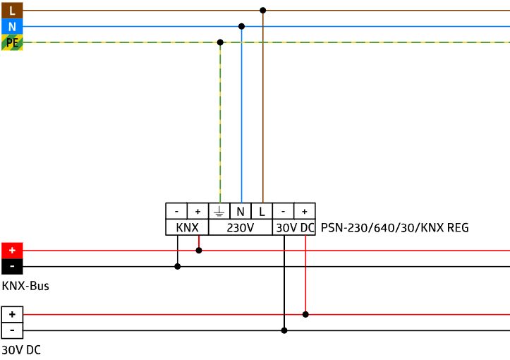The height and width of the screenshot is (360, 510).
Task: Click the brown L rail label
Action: [12, 11]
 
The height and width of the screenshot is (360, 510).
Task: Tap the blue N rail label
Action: [12, 26]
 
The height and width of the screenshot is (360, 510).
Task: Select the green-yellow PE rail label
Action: [12, 42]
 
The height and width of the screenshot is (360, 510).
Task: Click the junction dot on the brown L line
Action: [263, 11]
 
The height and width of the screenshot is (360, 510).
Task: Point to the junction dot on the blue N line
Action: [241, 26]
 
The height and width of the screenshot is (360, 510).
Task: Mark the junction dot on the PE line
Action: [220, 42]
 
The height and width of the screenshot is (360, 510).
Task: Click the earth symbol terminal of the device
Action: [219, 211]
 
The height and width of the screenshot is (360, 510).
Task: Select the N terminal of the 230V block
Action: [241, 211]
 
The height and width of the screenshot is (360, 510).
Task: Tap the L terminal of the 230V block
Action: [262, 211]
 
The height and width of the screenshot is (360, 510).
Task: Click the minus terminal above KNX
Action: [176, 211]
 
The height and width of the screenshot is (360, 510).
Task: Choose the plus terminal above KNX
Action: [198, 211]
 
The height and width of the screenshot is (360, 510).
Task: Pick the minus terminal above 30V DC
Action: [283, 211]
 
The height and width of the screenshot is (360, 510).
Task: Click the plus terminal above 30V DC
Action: [305, 211]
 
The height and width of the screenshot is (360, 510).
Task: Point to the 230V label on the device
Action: [240, 227]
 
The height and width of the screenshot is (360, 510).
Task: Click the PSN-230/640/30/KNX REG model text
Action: [394, 227]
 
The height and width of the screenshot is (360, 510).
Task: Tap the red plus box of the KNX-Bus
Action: [12, 251]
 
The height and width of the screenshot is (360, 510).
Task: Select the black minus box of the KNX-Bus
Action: [12, 267]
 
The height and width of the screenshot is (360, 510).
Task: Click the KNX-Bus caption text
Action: [25, 286]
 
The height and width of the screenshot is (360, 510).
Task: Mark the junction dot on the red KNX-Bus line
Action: [199, 251]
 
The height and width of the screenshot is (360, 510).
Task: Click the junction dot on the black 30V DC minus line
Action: [284, 330]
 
